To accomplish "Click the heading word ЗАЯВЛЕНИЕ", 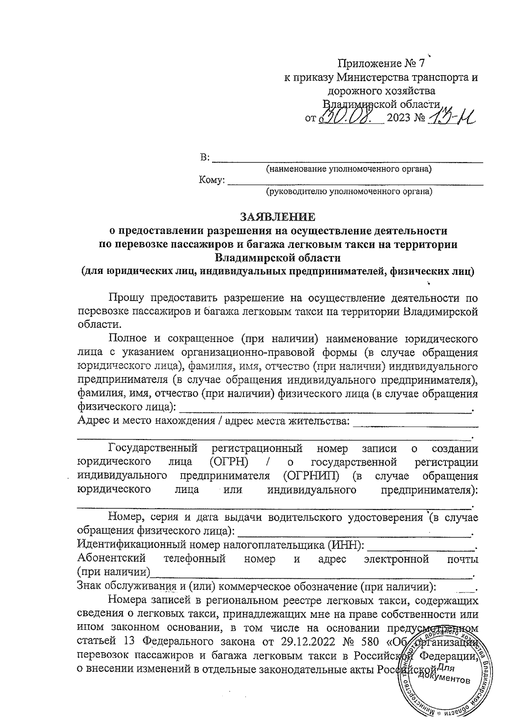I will tap(278, 217).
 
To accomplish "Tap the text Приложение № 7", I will tap(381, 64).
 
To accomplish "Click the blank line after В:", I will tap(347, 160).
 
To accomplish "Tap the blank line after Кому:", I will tap(355, 182).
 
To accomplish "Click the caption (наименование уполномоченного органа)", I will tap(348, 169).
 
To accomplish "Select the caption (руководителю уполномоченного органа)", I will tap(348, 192).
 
